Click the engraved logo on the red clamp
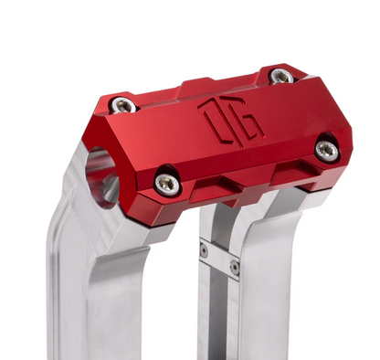[231, 120]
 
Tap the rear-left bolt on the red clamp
[123, 104]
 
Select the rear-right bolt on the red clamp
[282, 76]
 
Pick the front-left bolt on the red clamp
[165, 183]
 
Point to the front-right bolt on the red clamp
[326, 148]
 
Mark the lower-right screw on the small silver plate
[235, 268]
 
